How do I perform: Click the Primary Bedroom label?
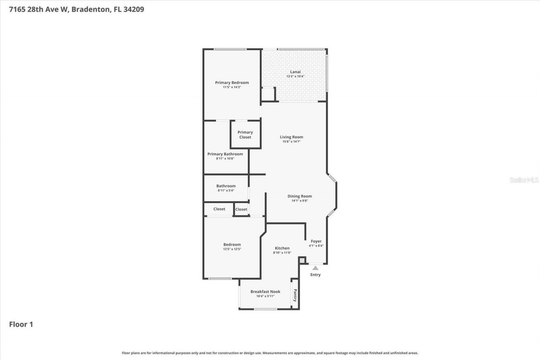pos(232,83)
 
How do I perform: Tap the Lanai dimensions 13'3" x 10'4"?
pos(295,76)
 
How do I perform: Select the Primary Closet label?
pos(245,135)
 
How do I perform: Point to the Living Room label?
pos(292,137)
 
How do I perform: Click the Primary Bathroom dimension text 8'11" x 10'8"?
pos(225,159)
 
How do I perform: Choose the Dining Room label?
pos(300,196)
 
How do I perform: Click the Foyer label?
pos(316,241)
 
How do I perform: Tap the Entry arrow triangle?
pos(315,268)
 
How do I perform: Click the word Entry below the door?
pos(315,275)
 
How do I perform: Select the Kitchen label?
pos(282,248)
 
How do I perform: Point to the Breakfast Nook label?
pos(265,292)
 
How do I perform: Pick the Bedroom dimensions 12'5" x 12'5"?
pos(232,249)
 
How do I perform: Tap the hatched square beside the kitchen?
pos(302,260)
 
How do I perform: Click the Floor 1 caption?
pos(21,325)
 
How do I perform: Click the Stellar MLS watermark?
pos(524,180)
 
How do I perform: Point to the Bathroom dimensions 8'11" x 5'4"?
pos(226,190)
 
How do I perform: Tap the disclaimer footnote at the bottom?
pos(270,353)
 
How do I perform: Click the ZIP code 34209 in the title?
pos(133,9)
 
